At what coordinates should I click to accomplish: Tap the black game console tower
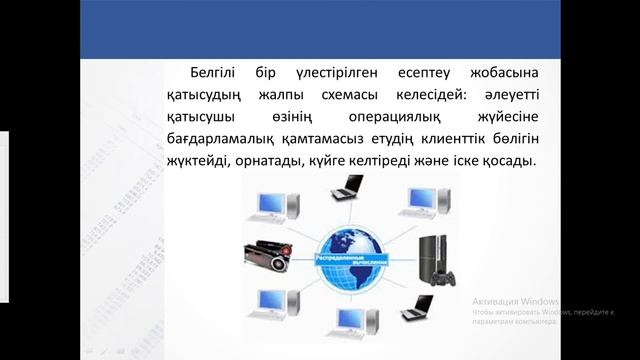point(430,257)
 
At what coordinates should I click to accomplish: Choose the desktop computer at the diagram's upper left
point(273,206)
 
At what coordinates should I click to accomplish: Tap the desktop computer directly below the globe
point(350,322)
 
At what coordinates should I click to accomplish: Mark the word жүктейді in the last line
point(198,160)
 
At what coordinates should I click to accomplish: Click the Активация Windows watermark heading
point(515,300)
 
